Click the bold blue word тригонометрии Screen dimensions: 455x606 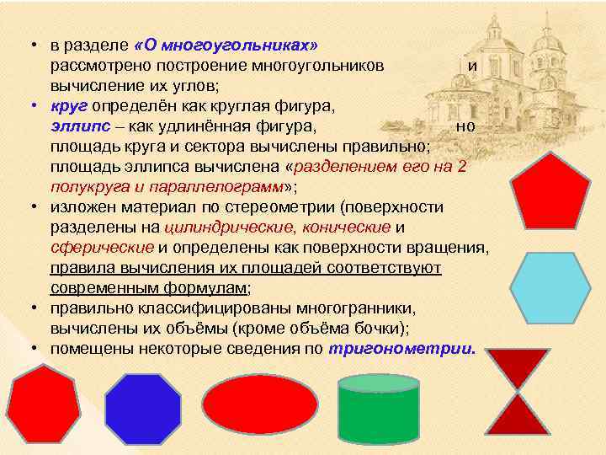click(x=402, y=348)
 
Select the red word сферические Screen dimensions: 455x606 click(x=101, y=247)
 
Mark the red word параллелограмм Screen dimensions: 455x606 click(x=221, y=186)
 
